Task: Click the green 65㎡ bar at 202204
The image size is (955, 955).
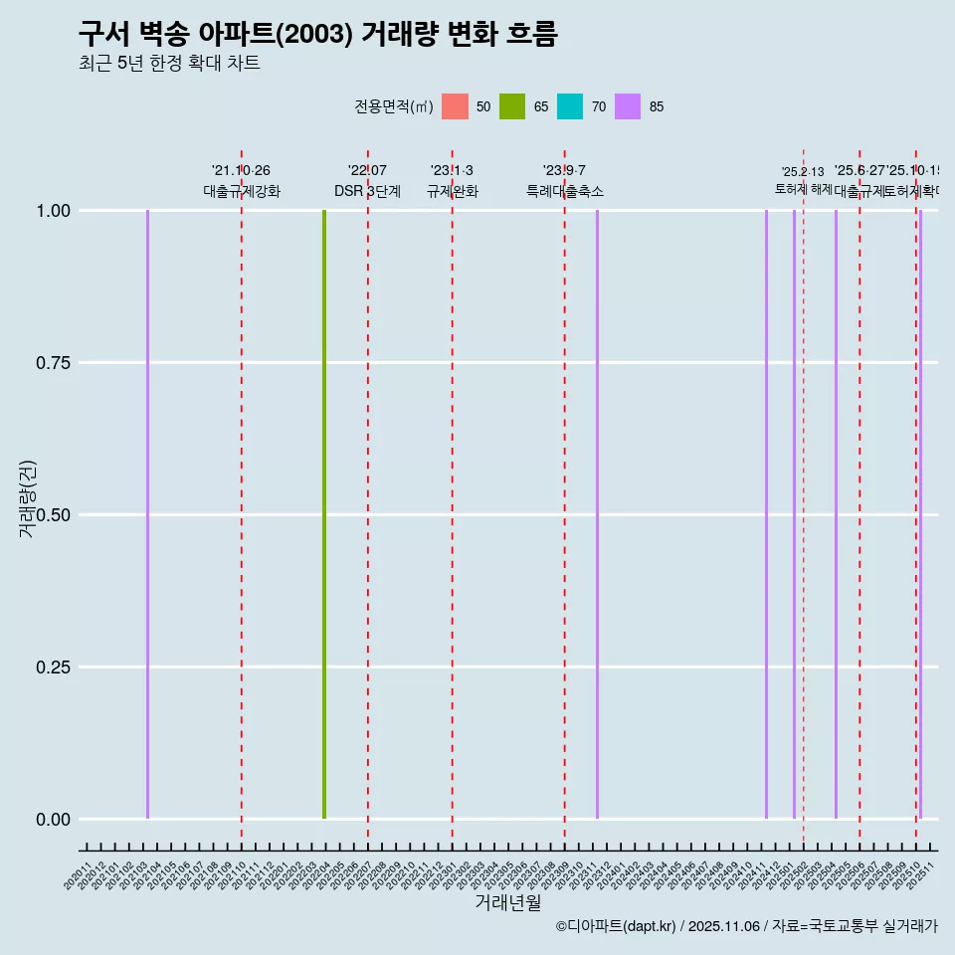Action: click(x=324, y=514)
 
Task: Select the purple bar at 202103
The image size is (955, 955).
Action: click(x=147, y=514)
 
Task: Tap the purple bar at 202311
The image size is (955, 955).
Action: click(x=597, y=514)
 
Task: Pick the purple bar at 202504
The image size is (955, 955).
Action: click(x=836, y=514)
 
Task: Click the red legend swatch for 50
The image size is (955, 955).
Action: click(x=455, y=106)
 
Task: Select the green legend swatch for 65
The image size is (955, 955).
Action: click(x=512, y=106)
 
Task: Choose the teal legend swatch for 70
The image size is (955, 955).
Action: click(x=570, y=106)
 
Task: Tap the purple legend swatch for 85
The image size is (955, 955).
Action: click(x=628, y=106)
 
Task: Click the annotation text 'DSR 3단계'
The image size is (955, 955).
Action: click(x=367, y=191)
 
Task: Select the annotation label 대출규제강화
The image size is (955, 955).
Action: click(x=242, y=191)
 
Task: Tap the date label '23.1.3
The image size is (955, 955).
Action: click(x=452, y=171)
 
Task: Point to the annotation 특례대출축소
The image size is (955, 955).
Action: click(x=565, y=191)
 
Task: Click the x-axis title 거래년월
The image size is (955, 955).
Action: click(x=507, y=903)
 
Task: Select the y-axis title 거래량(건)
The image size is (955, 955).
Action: click(x=28, y=498)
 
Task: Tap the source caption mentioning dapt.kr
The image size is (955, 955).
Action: click(x=746, y=927)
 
